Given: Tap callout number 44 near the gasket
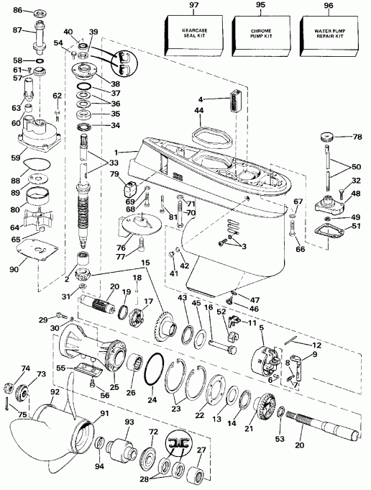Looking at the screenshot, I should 197,112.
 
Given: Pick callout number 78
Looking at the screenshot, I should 355,137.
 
